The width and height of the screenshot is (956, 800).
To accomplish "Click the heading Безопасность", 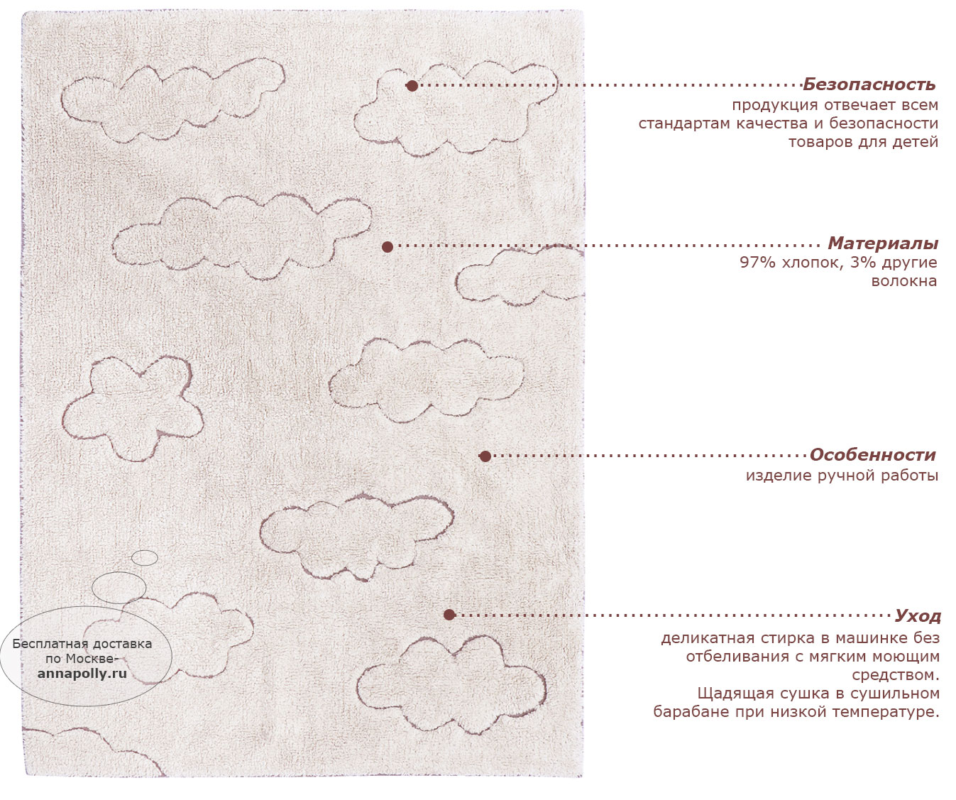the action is coord(869,84).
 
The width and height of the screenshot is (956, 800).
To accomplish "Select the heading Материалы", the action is coord(883,243).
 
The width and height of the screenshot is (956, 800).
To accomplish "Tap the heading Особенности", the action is coord(872,455).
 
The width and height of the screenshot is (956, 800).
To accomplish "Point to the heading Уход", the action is coord(918,616).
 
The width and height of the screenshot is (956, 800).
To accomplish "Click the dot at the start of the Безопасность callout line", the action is coord(412,86).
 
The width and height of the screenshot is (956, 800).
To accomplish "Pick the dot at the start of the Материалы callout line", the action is coord(388,247).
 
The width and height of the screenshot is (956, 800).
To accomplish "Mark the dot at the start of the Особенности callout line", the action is coord(485,456).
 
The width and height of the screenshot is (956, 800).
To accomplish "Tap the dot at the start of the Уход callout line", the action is coord(449,615).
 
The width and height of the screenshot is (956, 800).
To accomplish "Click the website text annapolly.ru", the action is coord(82,674).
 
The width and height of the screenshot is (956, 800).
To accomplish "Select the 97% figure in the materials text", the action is coord(757,263).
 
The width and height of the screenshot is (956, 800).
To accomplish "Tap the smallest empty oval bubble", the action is coord(145,558).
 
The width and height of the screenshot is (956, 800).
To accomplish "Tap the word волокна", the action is coord(903,280).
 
